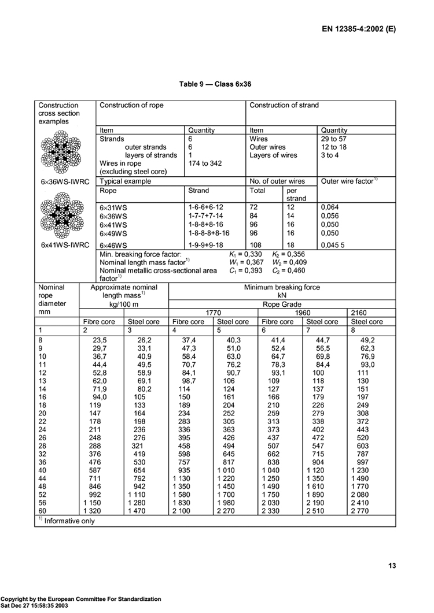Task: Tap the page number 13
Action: (391, 566)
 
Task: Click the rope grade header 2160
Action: (367, 313)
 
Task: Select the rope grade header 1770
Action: (214, 313)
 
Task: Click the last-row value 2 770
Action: (367, 511)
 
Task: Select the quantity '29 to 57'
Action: (334, 139)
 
